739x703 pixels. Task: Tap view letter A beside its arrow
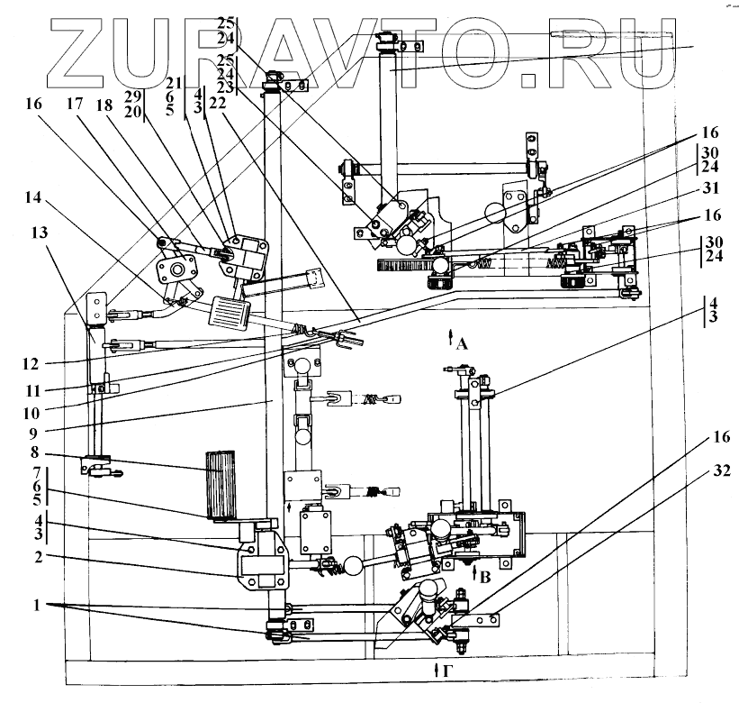click(462, 342)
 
